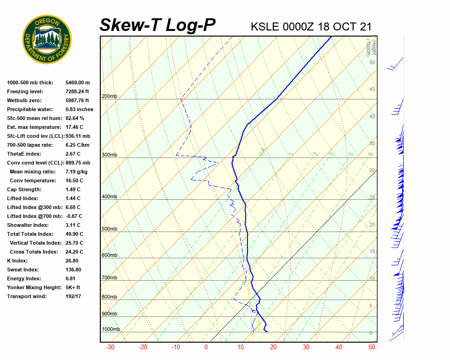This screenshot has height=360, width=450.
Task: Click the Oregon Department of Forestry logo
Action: [47, 39]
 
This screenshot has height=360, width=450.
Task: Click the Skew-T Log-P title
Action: [157, 25]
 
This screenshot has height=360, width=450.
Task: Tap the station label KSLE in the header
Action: [265, 26]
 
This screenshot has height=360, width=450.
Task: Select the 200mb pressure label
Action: [109, 97]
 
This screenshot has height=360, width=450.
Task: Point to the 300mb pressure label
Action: [109, 155]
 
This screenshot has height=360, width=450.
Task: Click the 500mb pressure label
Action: [109, 229]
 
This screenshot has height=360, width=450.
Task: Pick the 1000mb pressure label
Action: [111, 330]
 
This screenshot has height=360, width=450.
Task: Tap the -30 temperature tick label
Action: [110, 347]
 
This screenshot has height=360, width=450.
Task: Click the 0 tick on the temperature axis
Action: [206, 347]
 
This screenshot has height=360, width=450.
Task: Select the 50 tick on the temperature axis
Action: [372, 347]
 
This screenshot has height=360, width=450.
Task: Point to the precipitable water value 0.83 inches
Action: [79, 109]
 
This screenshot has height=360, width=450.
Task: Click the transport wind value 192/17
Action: [74, 296]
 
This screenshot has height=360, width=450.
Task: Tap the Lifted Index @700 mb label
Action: [34, 216]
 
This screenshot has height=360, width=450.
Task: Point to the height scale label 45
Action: [372, 90]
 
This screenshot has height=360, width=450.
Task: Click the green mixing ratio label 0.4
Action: [262, 151]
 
